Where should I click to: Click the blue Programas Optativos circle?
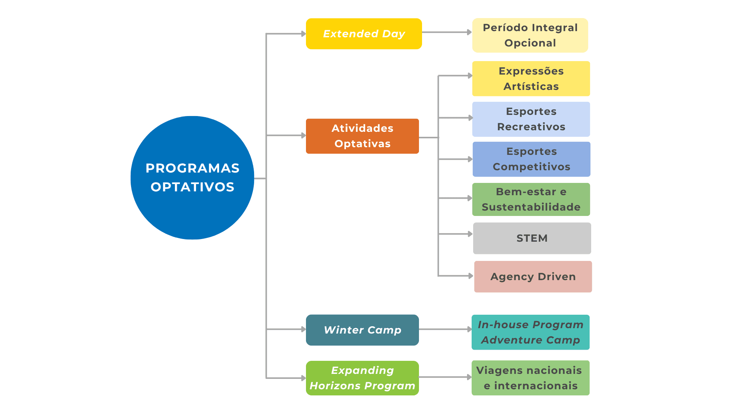[192, 178]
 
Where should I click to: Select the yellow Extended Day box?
[364, 34]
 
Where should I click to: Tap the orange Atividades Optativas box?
[362, 136]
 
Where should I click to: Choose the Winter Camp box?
[362, 330]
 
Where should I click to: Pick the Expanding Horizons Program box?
[362, 378]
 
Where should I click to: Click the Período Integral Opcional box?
[530, 35]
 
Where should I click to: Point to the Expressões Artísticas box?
[531, 79]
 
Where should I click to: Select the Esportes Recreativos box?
[531, 119]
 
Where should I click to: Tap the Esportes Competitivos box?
[531, 159]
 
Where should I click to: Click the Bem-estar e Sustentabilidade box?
[531, 199]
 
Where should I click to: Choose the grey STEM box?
[532, 238]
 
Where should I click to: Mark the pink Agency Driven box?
[533, 277]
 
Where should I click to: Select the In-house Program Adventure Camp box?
[530, 332]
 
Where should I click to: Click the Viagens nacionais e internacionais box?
[530, 378]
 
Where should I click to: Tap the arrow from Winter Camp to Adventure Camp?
[445, 329]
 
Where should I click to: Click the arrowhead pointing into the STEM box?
[470, 234]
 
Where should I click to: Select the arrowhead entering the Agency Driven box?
[470, 276]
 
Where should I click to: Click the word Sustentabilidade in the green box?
[531, 207]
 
